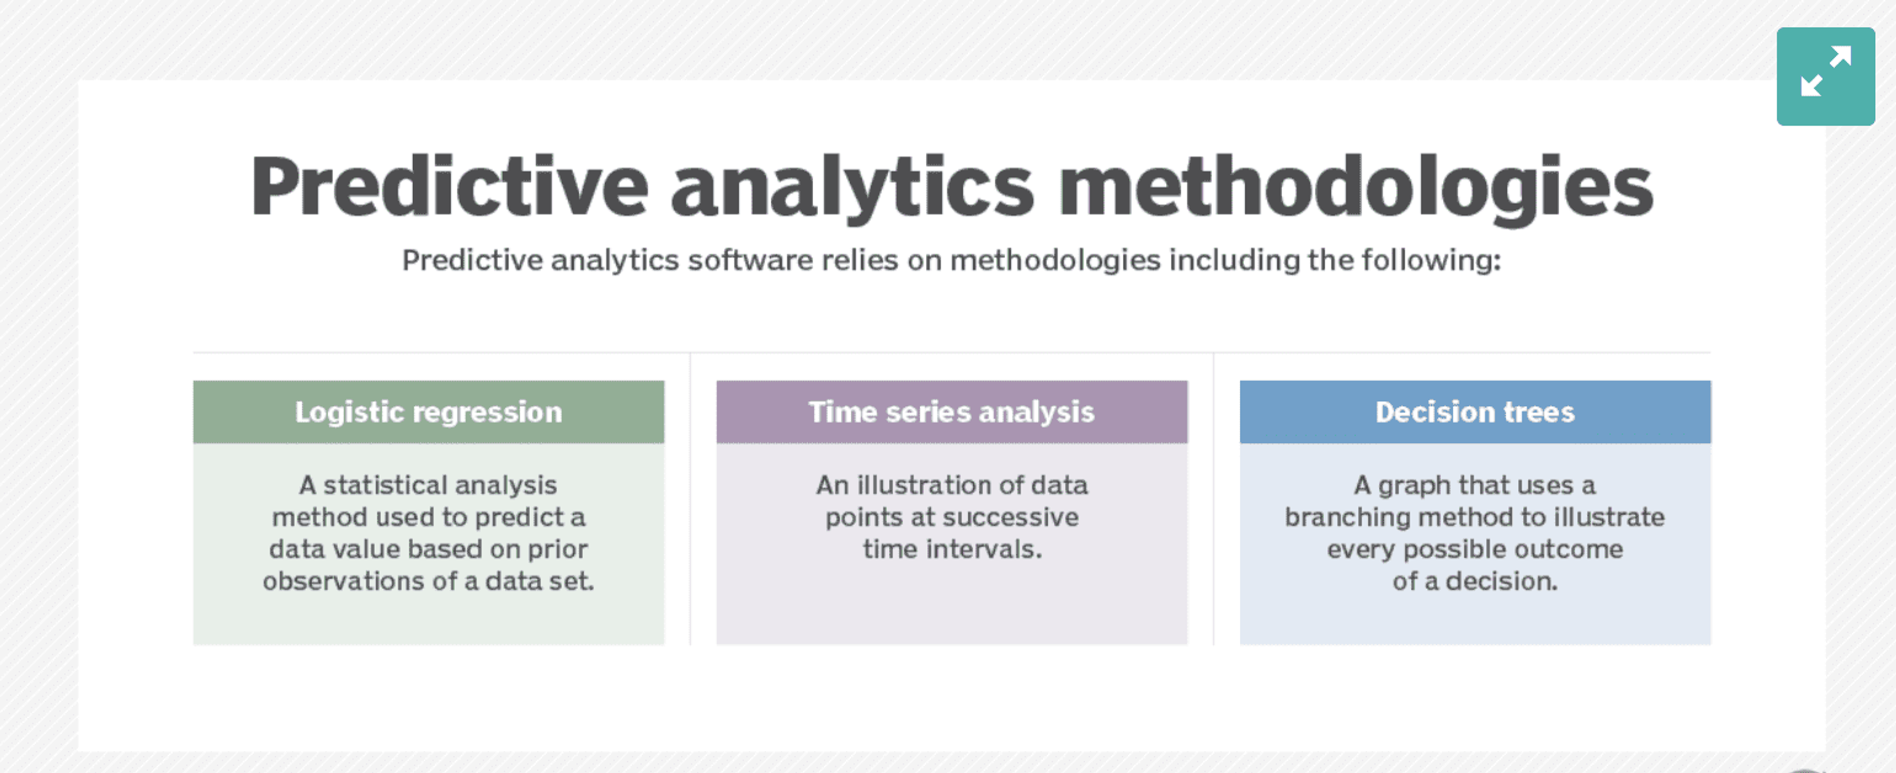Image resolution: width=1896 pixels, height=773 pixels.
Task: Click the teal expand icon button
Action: click(x=1825, y=77)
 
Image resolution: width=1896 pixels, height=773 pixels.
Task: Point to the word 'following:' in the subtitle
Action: click(x=1431, y=260)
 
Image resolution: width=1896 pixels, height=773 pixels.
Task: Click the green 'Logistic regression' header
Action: click(x=429, y=412)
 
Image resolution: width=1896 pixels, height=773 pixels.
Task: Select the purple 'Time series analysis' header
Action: click(x=951, y=412)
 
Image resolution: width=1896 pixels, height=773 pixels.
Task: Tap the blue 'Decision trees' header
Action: click(x=1475, y=412)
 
